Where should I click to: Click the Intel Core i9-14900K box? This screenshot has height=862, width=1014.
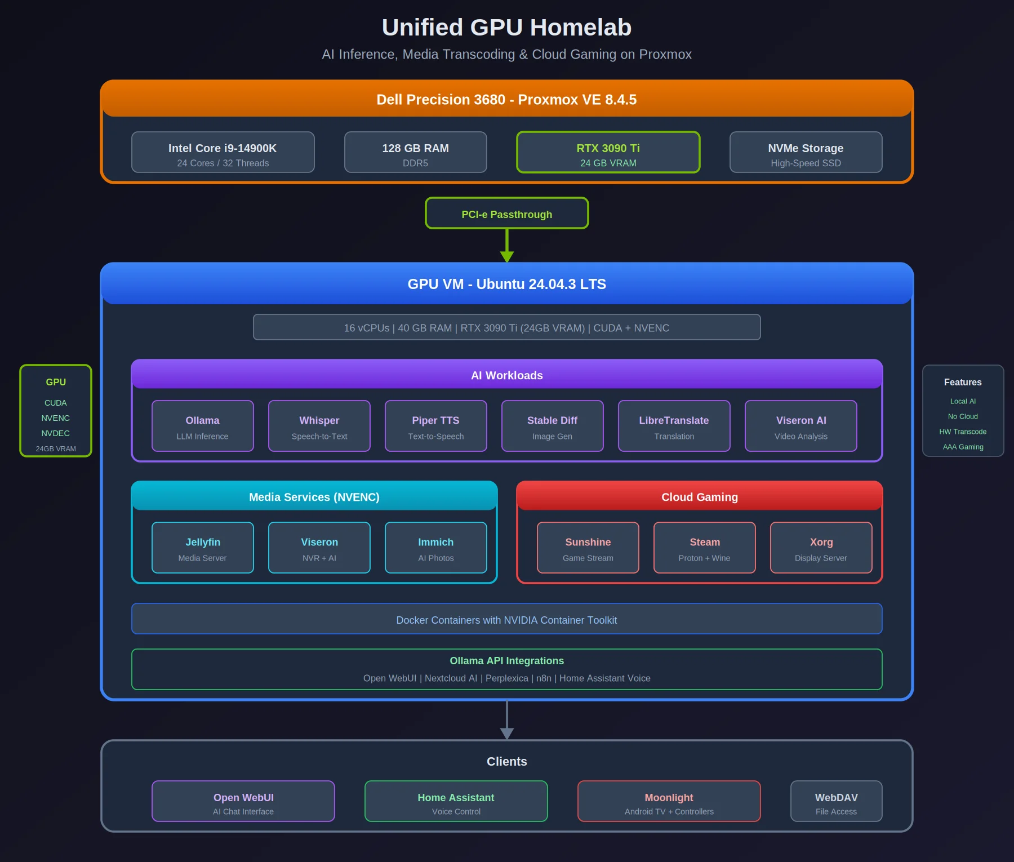[x=223, y=152]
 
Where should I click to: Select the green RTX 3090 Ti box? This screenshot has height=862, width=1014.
[x=608, y=152]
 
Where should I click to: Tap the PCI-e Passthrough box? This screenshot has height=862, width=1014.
[x=506, y=214]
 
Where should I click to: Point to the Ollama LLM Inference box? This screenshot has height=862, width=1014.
[x=202, y=426]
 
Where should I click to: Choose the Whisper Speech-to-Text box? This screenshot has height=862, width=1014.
[x=319, y=426]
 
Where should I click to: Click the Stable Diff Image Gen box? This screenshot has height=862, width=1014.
[x=552, y=426]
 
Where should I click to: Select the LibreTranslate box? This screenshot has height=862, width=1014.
[x=674, y=426]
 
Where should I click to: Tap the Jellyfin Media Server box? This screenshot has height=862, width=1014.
[x=202, y=548]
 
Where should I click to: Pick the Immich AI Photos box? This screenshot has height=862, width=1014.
[x=435, y=548]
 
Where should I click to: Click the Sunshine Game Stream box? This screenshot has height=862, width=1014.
[x=588, y=548]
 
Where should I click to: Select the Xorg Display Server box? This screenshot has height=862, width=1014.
[x=821, y=548]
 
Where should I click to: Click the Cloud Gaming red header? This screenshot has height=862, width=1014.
[x=699, y=496]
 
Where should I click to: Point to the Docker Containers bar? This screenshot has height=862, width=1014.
[x=506, y=619]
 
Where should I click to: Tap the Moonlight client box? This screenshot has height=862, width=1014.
[x=669, y=801]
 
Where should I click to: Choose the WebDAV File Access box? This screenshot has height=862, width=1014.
[x=836, y=801]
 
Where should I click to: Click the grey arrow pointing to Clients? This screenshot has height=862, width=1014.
[x=507, y=724]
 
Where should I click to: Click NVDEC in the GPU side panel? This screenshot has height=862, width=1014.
[x=55, y=433]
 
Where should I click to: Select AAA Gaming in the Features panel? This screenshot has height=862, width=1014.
[x=963, y=447]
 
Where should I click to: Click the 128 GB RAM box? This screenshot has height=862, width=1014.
[x=415, y=152]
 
